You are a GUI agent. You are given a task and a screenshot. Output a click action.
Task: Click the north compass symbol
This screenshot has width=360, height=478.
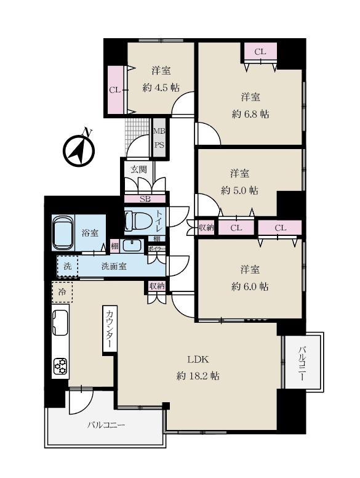(x=79, y=149)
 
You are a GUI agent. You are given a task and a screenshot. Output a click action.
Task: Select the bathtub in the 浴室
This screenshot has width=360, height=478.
(x=63, y=233)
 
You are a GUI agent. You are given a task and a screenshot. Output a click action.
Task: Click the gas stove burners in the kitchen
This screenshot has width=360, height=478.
(x=60, y=367)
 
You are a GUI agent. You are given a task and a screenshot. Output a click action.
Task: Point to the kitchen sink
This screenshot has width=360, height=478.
(x=60, y=322)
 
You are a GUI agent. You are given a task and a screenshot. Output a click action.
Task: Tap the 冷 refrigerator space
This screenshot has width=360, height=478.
(x=62, y=292)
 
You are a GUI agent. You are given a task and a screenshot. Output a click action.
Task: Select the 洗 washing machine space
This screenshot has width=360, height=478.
(x=67, y=266)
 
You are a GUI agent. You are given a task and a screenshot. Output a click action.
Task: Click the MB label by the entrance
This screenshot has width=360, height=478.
(x=159, y=131)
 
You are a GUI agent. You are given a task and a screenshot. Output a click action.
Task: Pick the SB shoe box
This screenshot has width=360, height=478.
(x=145, y=200)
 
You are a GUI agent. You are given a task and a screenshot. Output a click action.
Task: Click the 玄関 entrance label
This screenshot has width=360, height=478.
(x=138, y=169)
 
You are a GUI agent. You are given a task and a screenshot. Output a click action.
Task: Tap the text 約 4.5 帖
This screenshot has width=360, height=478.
(x=161, y=88)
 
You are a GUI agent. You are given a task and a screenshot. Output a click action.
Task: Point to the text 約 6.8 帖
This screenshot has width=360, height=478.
(x=250, y=115)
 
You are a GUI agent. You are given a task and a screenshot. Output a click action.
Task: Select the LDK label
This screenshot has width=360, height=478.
(x=198, y=359)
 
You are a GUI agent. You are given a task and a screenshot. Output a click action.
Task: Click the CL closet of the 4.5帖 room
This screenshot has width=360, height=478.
(x=116, y=90)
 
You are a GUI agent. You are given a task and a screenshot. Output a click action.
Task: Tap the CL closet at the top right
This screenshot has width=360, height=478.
(x=260, y=52)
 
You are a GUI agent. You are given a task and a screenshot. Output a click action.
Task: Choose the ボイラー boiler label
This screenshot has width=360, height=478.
(x=156, y=248)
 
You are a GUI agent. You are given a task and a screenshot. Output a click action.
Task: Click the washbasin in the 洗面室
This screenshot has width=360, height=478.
(x=132, y=246)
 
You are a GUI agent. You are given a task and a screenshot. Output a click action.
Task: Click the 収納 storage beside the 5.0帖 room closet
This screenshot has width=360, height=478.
(x=206, y=227)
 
